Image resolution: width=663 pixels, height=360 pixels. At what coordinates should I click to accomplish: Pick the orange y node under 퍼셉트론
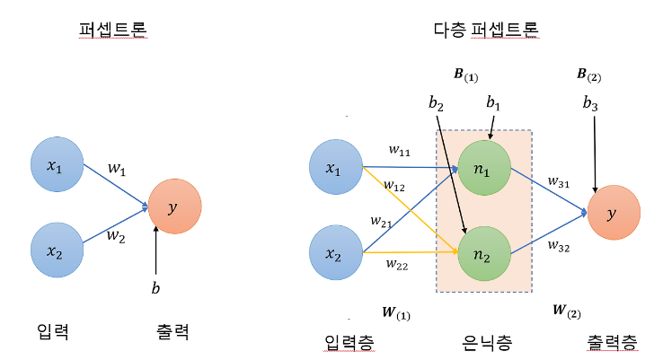(174, 208)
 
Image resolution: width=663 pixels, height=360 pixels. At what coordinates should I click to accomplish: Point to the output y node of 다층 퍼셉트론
(614, 213)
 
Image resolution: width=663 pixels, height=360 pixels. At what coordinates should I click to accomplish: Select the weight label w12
(393, 186)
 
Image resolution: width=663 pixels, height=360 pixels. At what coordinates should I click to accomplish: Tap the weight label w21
(381, 220)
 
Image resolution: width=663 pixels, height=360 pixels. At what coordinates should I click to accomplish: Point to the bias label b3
(590, 104)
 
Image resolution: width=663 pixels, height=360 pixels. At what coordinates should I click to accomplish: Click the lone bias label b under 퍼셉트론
(156, 288)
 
